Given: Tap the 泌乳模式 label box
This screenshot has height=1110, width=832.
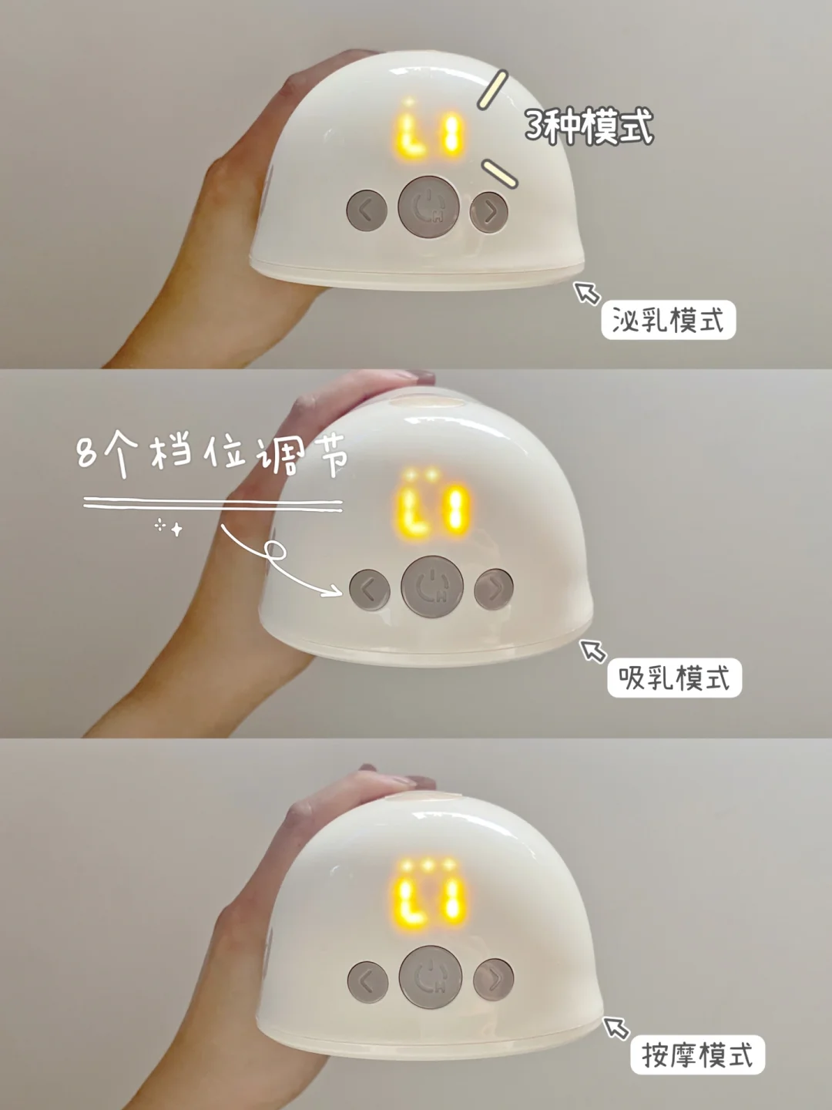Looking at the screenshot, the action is (669, 320).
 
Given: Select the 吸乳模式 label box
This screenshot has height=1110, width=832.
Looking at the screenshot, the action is (674, 678).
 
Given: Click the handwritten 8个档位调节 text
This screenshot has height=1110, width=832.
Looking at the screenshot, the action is (212, 453).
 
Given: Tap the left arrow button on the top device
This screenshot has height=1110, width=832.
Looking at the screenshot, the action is (367, 210).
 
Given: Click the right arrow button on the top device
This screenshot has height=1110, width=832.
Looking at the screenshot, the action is (489, 212).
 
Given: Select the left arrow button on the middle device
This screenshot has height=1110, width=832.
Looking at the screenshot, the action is (370, 590).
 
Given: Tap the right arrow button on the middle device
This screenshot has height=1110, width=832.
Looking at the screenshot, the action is (494, 589).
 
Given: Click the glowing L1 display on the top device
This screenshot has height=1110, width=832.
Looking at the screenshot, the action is (429, 134).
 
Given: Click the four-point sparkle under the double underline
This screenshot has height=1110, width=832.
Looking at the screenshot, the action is (177, 530).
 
